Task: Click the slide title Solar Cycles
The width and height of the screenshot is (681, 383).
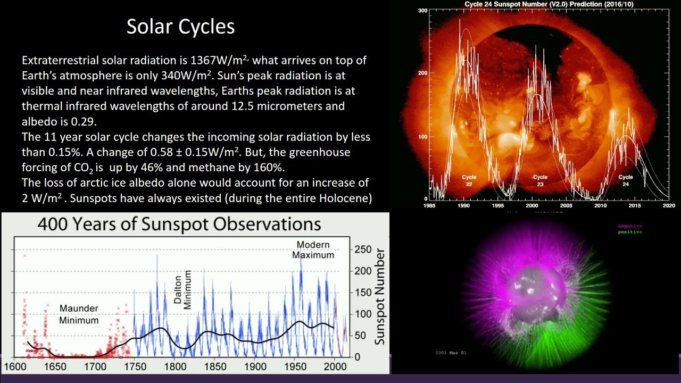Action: (x=180, y=27)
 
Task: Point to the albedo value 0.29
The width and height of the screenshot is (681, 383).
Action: (x=84, y=121)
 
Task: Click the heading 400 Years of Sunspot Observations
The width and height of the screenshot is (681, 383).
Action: (x=179, y=224)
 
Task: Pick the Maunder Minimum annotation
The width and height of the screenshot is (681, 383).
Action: (x=79, y=314)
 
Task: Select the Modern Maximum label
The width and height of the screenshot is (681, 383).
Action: (x=313, y=249)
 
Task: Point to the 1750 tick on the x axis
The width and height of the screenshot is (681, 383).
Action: (x=135, y=367)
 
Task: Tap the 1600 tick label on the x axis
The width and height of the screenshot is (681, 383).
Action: (x=15, y=367)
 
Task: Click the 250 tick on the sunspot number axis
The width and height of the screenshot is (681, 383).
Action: (x=363, y=249)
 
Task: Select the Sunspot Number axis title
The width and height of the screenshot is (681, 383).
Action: (x=379, y=297)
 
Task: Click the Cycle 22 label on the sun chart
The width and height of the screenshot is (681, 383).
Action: (x=469, y=180)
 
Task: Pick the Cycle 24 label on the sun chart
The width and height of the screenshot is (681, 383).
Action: (x=626, y=180)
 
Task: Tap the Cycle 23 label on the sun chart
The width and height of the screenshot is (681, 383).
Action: (x=540, y=180)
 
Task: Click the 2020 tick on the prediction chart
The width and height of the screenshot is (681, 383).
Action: (x=669, y=205)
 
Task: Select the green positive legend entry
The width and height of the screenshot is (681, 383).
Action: (x=630, y=232)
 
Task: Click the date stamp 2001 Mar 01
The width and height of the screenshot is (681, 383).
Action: (x=451, y=353)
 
